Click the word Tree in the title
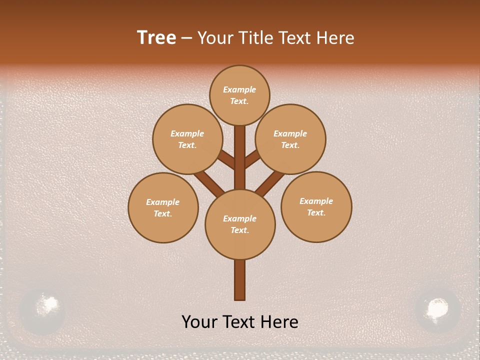click(156, 38)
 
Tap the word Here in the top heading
click(334, 38)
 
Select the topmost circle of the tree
click(239, 95)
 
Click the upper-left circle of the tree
click(187, 139)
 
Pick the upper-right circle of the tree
click(290, 139)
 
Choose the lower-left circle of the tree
click(163, 207)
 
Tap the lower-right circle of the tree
click(316, 206)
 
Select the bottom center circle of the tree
click(240, 224)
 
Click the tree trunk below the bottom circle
click(240, 280)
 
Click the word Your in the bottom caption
click(200, 322)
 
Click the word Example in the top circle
click(239, 90)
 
